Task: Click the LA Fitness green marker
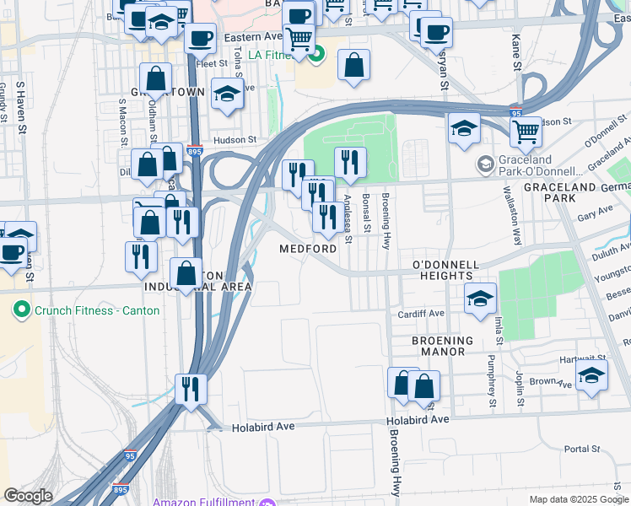point(316,57)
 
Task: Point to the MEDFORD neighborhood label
point(309,250)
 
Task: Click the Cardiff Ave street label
point(421,314)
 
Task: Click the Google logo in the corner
point(27,496)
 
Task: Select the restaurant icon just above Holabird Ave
point(191,389)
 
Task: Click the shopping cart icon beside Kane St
point(526,131)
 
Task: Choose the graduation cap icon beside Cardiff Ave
point(480,298)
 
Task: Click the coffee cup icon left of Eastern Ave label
point(200,38)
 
